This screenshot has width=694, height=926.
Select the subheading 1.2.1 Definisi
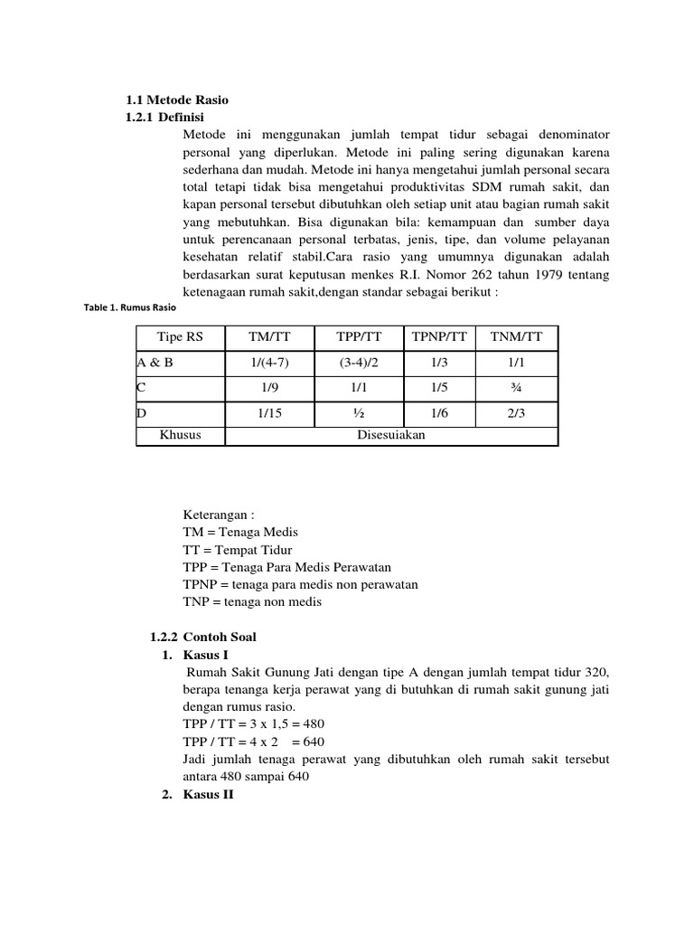(x=164, y=118)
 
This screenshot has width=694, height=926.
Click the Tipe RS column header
(x=180, y=338)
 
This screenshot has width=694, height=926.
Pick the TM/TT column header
(x=269, y=338)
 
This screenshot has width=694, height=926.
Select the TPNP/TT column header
(x=439, y=338)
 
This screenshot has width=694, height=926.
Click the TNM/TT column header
(x=517, y=338)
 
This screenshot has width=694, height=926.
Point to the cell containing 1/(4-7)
(x=269, y=363)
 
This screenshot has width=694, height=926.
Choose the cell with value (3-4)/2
(x=359, y=363)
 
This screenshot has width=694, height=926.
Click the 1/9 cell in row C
(x=269, y=388)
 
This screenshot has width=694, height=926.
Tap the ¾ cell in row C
(x=517, y=388)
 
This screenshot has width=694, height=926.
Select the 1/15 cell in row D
(x=269, y=413)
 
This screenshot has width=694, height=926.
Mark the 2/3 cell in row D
(x=517, y=413)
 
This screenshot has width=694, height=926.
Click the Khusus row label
(x=180, y=435)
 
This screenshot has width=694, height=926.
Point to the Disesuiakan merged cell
(x=390, y=435)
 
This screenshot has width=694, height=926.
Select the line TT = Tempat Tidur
(x=237, y=550)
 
